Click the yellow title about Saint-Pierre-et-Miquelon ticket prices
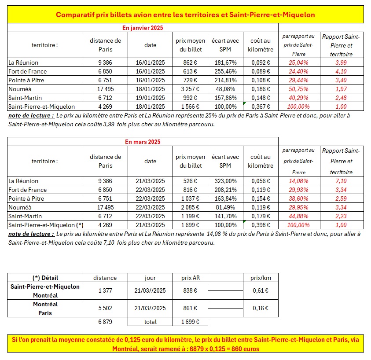pos(185,15)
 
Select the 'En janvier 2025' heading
pos(143,28)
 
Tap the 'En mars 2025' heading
pos(143,142)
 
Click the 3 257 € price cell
pos(191,89)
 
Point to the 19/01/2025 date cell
pos(150,98)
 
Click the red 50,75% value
pos(299,89)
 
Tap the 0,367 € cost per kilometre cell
pos(261,107)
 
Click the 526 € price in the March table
pos(191,181)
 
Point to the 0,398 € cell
pos(261,225)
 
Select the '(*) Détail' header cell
pos(45,278)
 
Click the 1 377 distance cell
pos(105,291)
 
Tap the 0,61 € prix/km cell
pos(261,291)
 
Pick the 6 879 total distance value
pos(105,322)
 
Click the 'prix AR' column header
pos(189,278)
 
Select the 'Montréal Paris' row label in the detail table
pos(45,309)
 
